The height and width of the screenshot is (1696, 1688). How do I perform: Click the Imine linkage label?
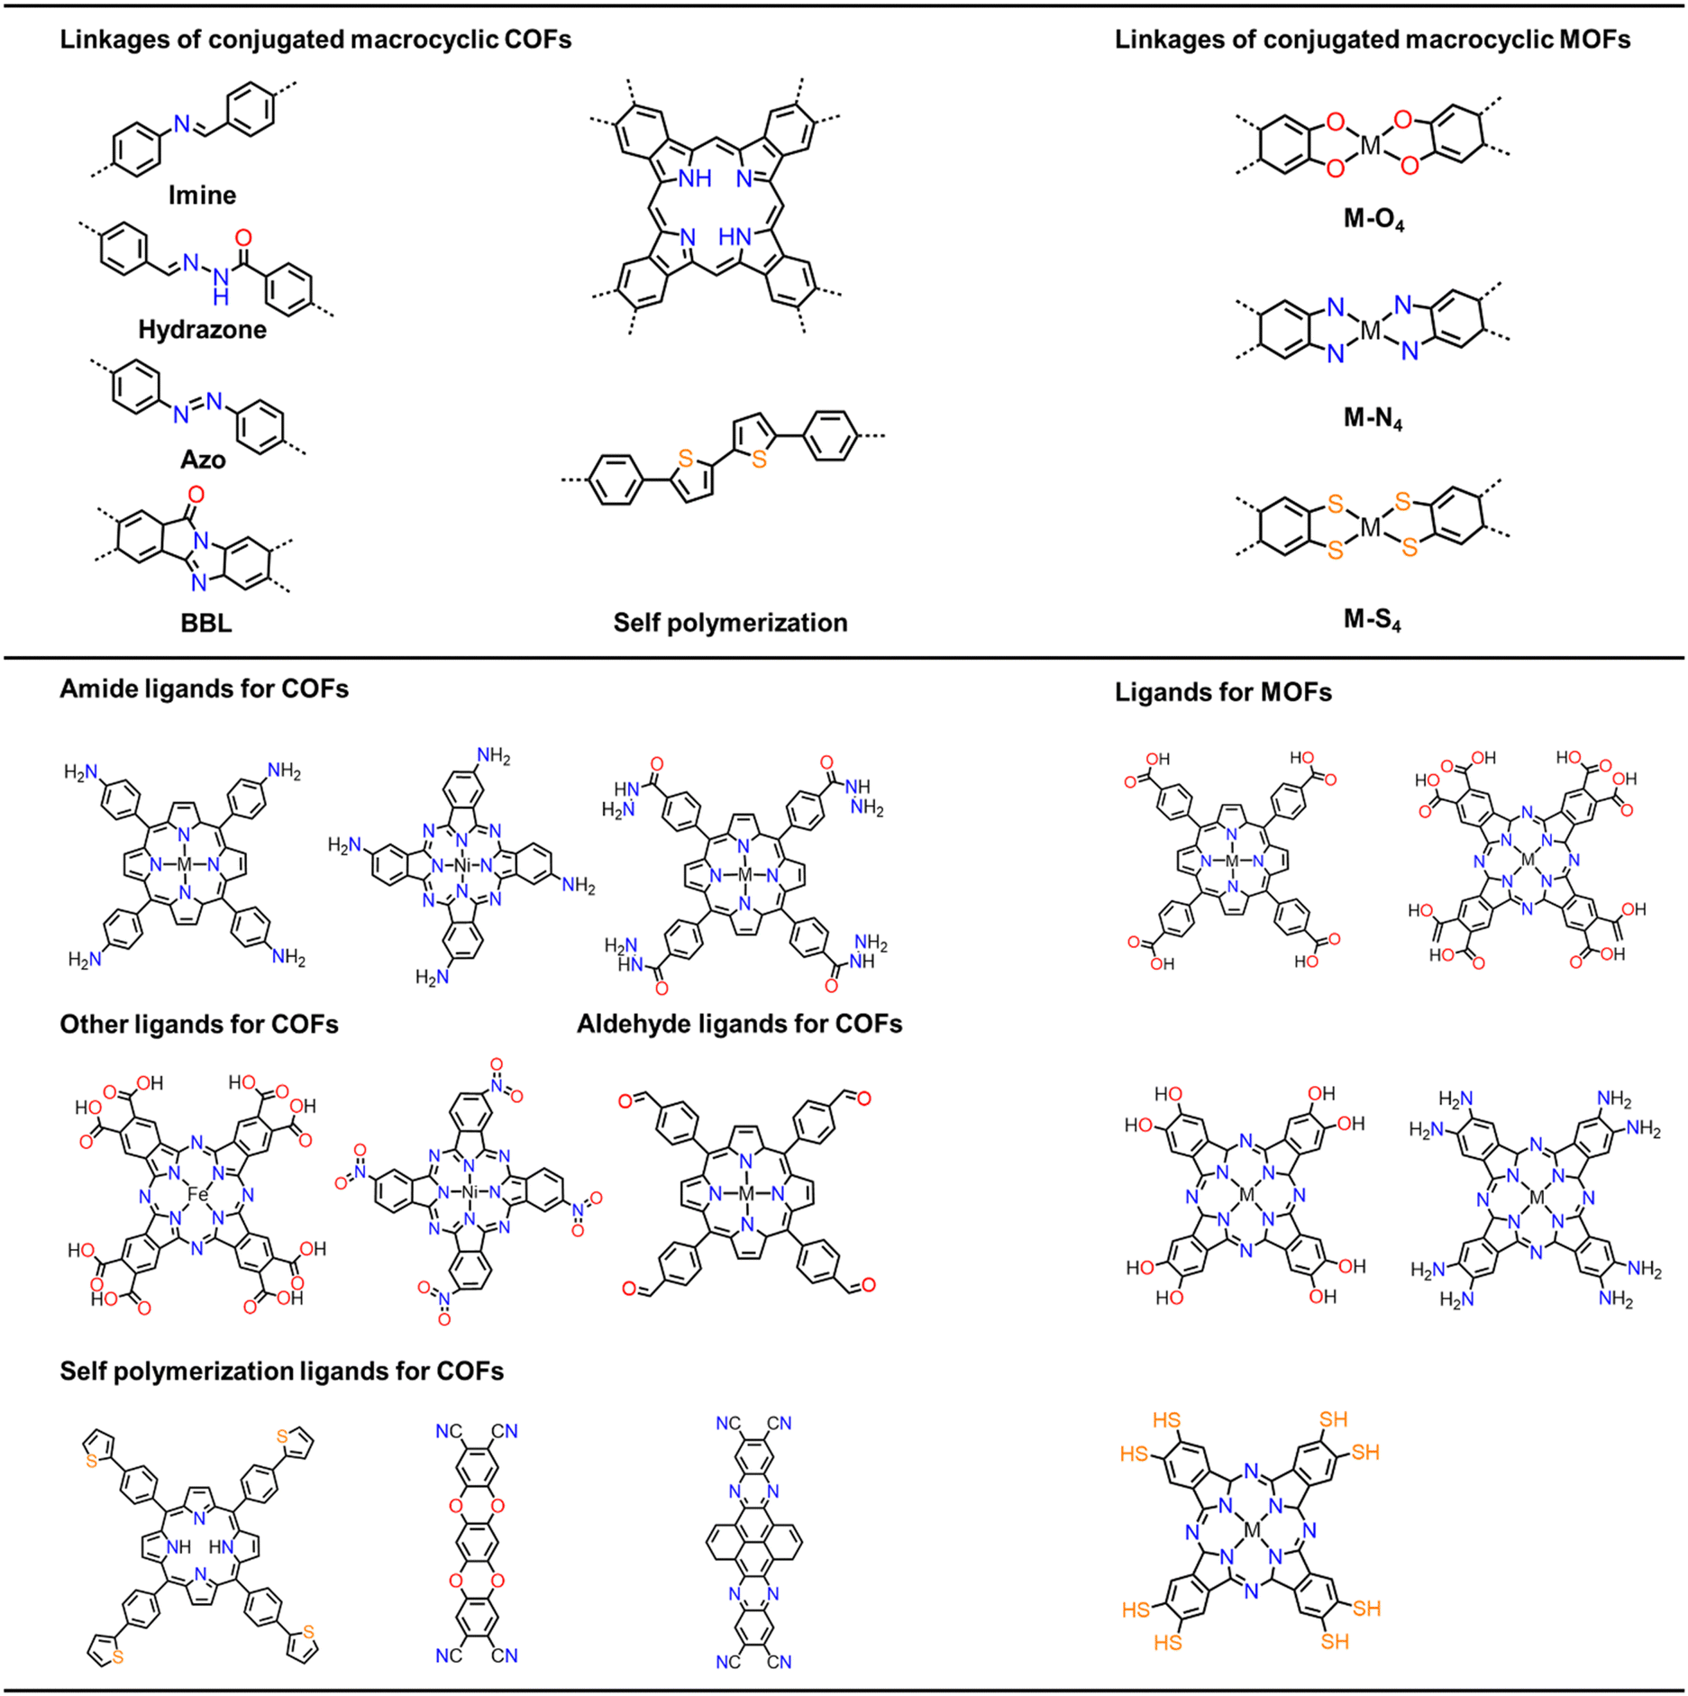click(202, 196)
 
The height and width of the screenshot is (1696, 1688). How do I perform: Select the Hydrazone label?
click(202, 330)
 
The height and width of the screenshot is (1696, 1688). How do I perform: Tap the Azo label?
click(203, 460)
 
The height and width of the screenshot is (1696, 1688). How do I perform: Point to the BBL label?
click(206, 623)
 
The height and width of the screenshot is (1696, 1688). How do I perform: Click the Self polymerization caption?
click(731, 623)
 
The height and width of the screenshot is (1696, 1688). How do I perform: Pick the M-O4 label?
click(1373, 220)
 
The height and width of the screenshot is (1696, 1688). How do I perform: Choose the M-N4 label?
click(1373, 418)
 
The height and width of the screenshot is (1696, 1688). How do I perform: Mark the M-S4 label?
click(1373, 619)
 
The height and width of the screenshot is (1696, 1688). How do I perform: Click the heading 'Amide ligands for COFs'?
click(205, 688)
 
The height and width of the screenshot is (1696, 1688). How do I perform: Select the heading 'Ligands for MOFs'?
click(1223, 692)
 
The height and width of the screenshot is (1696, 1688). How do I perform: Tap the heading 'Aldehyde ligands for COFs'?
click(740, 1024)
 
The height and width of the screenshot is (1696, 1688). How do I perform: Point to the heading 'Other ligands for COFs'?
click(199, 1025)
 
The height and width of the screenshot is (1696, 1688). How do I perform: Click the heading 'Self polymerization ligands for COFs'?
click(282, 1371)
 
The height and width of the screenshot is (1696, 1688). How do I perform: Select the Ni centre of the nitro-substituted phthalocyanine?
click(470, 1192)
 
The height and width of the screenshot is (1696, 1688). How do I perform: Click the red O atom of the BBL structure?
click(196, 494)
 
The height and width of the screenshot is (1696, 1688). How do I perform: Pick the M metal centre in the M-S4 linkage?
click(1370, 527)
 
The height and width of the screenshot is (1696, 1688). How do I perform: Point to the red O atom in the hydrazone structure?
click(243, 238)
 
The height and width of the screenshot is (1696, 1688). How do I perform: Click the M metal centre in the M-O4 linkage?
click(1370, 144)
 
